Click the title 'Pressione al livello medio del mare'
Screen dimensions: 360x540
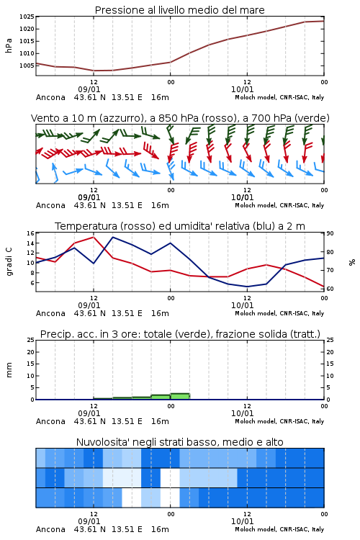tap(179, 10)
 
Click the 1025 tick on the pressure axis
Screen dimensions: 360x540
tap(27, 17)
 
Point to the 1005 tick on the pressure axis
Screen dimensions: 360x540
tap(27, 66)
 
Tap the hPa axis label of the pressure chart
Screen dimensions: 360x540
tap(9, 45)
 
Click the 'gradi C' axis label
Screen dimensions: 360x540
tap(9, 262)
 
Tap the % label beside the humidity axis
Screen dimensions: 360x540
tap(352, 262)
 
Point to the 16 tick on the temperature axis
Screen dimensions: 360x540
tap(30, 233)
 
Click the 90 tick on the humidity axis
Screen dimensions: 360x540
tap(330, 233)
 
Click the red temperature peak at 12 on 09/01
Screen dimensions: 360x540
tap(94, 237)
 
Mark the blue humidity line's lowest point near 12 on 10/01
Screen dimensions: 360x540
tap(247, 287)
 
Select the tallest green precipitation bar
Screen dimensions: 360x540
tap(180, 397)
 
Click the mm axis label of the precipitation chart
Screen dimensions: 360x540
tap(9, 370)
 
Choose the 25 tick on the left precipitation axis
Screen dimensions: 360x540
tap(30, 340)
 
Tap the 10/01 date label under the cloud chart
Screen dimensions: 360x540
tap(242, 521)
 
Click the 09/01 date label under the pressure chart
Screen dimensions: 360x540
tap(89, 89)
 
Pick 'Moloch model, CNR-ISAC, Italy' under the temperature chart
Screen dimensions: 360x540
tap(279, 313)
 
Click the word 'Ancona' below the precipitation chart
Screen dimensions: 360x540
tap(50, 421)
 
